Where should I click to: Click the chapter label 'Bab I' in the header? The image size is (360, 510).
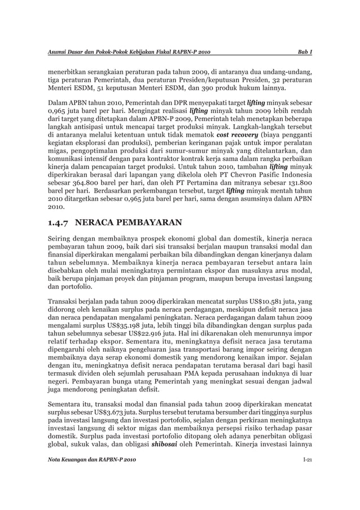point(305,53)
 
